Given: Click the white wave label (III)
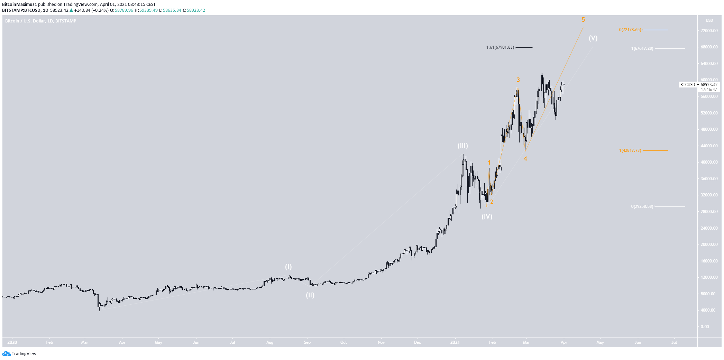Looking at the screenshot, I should coord(462,146).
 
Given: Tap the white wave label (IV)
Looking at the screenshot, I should coord(487,217).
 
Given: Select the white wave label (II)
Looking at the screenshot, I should coord(310,295).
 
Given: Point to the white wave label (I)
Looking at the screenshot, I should coord(288,267).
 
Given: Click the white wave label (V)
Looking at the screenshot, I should coord(593,38).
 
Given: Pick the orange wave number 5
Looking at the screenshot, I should coord(583,20).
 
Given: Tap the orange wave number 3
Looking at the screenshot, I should coord(518,80).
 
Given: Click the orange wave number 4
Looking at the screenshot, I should coord(525,159).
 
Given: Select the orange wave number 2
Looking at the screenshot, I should coord(492,202).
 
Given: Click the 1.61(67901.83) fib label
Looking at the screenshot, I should coord(500,47).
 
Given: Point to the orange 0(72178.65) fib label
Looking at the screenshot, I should coord(630,30).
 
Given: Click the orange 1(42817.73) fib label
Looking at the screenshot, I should coord(630,150).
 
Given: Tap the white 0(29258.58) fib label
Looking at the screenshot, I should coord(642,206).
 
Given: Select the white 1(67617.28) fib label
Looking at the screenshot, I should coord(642,48).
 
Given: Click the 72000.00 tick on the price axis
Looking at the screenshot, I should coord(709,31).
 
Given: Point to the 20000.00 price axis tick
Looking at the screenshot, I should coord(709,244).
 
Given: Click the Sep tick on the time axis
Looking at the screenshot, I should coord(307,342).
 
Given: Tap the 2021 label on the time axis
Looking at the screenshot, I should coord(455,342).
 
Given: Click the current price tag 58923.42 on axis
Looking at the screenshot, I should coord(709,85).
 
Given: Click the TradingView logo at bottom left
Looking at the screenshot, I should coord(19,353).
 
